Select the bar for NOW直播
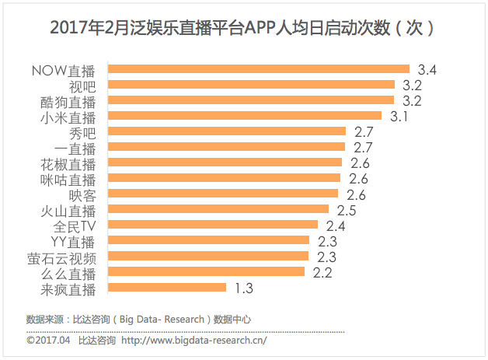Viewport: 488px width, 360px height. (x=257, y=69)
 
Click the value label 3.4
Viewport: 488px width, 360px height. (x=427, y=70)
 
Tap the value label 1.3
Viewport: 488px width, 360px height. (x=244, y=288)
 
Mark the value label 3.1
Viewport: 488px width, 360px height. (x=399, y=117)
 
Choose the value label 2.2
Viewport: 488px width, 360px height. (x=322, y=273)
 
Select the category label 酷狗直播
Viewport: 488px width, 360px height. (x=68, y=101)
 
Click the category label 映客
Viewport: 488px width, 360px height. (x=81, y=194)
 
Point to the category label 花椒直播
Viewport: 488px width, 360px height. (x=68, y=163)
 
